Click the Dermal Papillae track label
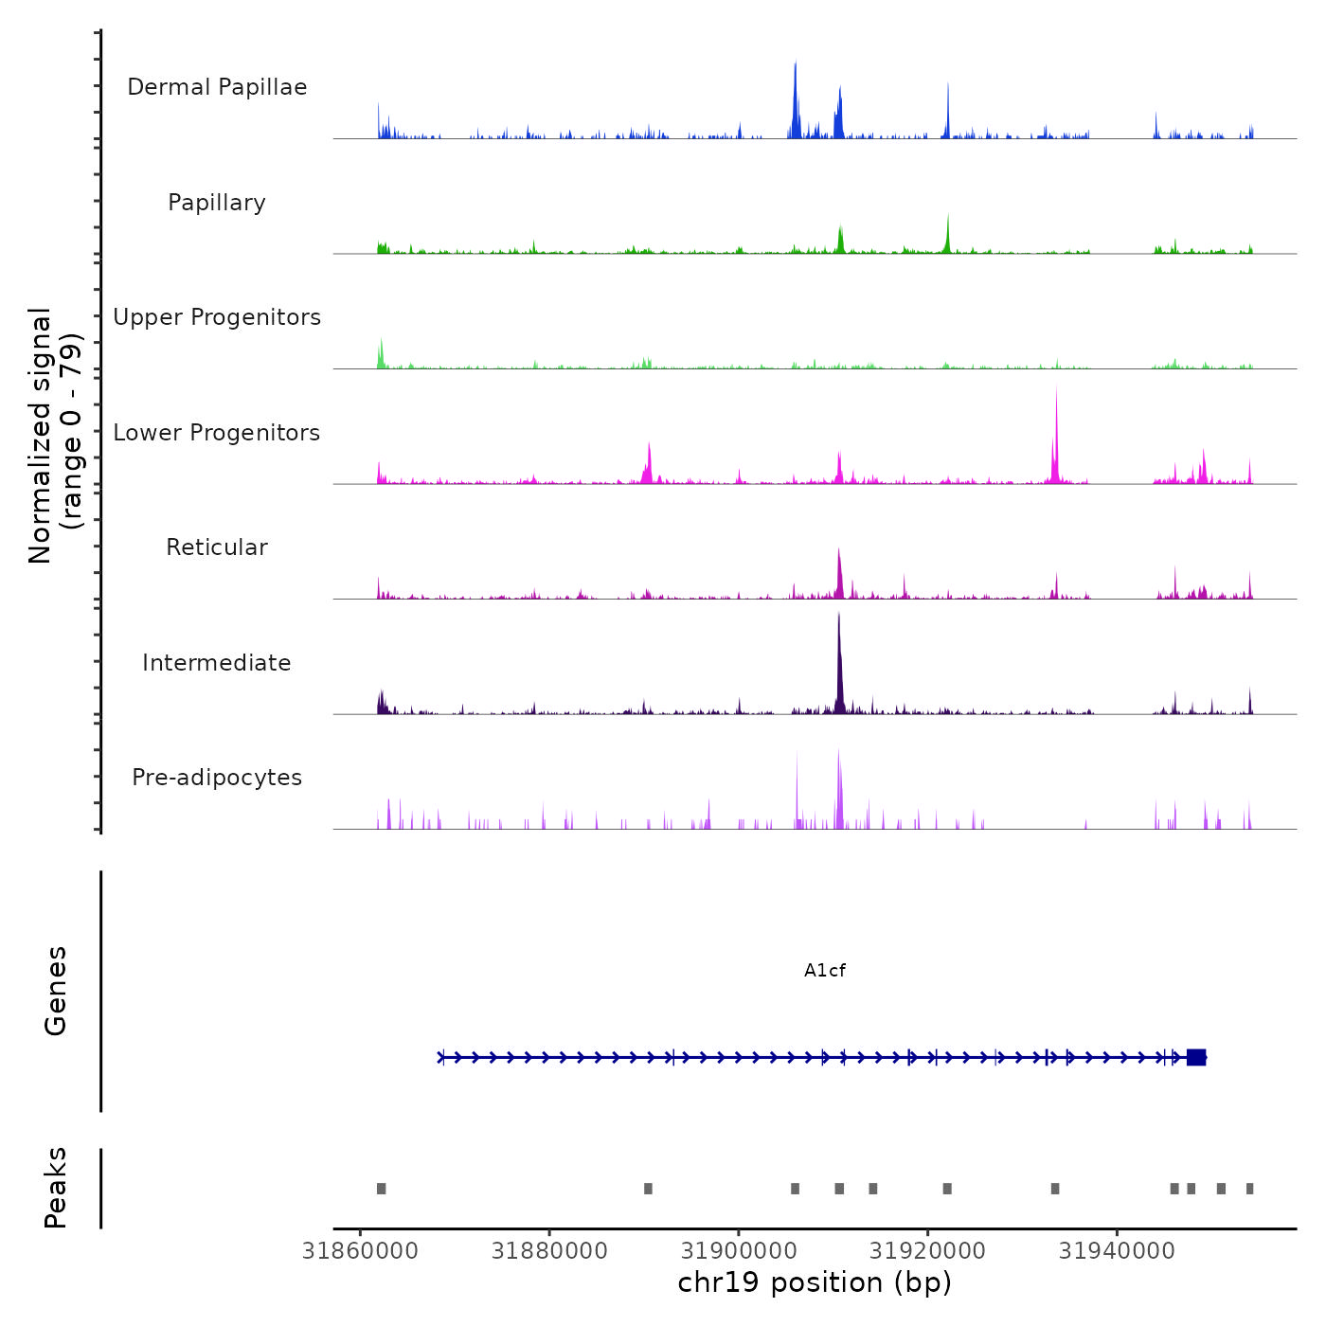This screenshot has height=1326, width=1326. [x=217, y=87]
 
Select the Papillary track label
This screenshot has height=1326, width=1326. [x=217, y=203]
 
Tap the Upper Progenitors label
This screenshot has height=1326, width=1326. [x=217, y=317]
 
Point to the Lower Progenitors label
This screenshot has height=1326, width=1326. [x=217, y=433]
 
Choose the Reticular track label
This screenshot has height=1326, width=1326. [x=217, y=547]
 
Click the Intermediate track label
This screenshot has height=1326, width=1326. [x=217, y=663]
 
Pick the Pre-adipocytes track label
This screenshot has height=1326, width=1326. [x=217, y=778]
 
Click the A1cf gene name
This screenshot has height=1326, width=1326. [x=824, y=971]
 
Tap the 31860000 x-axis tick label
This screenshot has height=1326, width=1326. [x=360, y=1251]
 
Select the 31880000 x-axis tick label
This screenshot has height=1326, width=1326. [x=549, y=1251]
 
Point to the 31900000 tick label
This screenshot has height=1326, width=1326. [x=739, y=1251]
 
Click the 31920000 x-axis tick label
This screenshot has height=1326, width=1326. [x=928, y=1251]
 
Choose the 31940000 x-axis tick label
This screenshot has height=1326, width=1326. [x=1118, y=1251]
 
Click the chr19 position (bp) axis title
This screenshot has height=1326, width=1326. [x=815, y=1283]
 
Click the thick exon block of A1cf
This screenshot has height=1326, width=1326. [x=1196, y=1057]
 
